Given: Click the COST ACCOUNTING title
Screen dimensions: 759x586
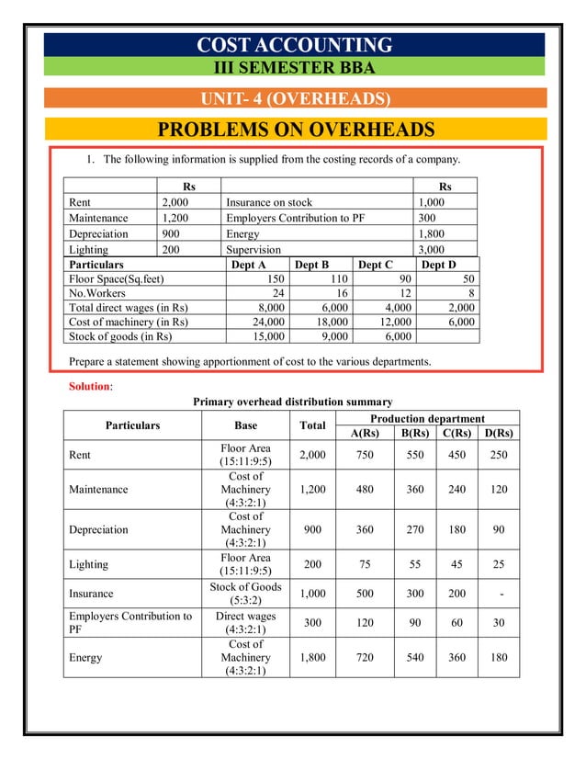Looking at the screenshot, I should coord(295,45).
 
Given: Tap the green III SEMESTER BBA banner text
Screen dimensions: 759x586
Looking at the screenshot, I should coord(294,66).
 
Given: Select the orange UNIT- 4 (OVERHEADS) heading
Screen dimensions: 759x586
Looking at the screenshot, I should coord(295,99).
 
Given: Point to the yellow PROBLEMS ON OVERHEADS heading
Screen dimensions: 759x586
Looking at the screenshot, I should coord(295,130).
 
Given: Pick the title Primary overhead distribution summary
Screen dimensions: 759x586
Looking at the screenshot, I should coord(292,402).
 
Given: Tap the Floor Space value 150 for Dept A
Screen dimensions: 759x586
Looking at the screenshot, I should coord(273,278).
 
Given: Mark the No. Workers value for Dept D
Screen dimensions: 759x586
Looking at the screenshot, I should coord(469,293).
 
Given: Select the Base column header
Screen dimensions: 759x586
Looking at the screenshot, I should coord(245,425).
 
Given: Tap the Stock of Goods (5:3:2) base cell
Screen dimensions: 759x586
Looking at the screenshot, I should coord(245,594).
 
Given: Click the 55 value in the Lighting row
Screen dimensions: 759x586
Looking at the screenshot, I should coord(415,564).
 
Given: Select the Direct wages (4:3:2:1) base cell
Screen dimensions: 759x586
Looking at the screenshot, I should coord(245,624).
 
